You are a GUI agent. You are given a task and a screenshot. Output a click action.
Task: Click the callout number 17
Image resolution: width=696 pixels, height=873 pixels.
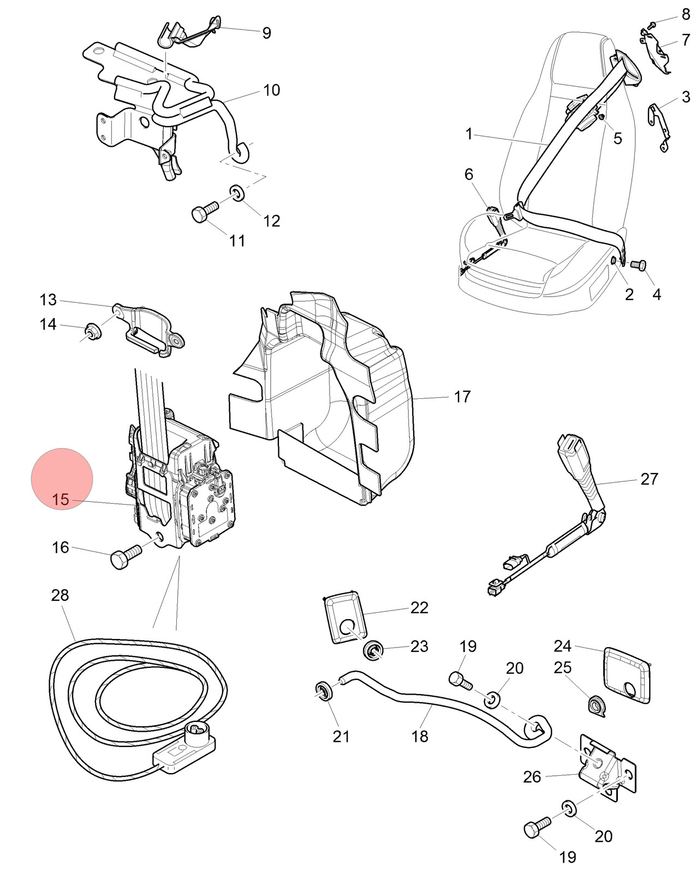coord(462,397)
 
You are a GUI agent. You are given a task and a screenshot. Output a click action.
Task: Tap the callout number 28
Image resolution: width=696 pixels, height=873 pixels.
coord(60,595)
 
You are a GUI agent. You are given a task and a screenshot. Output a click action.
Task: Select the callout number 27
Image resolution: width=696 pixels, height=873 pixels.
coord(649,479)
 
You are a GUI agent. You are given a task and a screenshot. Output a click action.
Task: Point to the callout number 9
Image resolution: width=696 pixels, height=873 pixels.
coord(266,33)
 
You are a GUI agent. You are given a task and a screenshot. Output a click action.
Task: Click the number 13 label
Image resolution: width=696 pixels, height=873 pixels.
coord(48,300)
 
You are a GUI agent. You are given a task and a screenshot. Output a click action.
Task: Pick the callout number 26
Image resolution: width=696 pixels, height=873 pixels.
coord(532,777)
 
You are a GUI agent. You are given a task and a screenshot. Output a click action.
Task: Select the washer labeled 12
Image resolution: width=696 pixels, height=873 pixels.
coord(237,193)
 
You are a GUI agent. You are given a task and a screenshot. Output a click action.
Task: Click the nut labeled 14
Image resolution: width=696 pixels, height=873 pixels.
coord(93,333)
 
